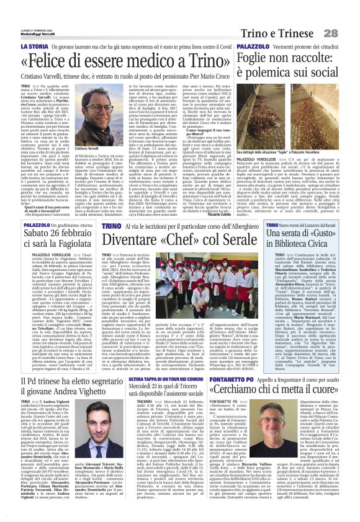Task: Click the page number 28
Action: tap(346, 14)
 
